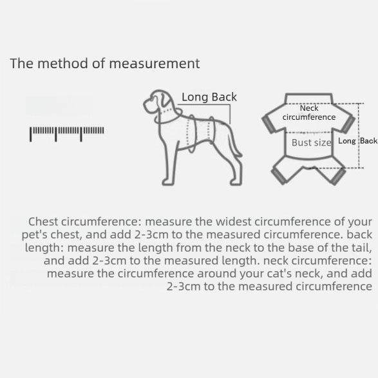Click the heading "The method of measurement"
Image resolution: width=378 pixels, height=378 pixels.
point(105,64)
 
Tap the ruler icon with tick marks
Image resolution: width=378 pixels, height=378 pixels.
point(67,134)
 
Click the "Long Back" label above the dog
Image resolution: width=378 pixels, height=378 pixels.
point(209,97)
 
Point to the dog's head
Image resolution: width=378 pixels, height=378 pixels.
point(158,102)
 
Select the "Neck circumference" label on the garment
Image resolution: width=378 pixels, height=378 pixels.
point(309,113)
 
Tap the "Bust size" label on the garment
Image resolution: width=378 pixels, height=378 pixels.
point(312,142)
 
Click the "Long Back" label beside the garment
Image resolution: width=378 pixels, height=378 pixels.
point(357,141)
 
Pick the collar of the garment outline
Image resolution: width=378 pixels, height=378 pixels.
point(309,99)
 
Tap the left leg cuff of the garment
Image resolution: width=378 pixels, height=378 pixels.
point(279,176)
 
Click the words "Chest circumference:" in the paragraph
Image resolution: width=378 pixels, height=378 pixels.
point(84,222)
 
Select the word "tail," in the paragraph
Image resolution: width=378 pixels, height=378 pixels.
point(361,248)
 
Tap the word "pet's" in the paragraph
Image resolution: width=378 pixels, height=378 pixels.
point(35,235)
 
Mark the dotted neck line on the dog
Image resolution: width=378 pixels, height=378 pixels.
point(169,111)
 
